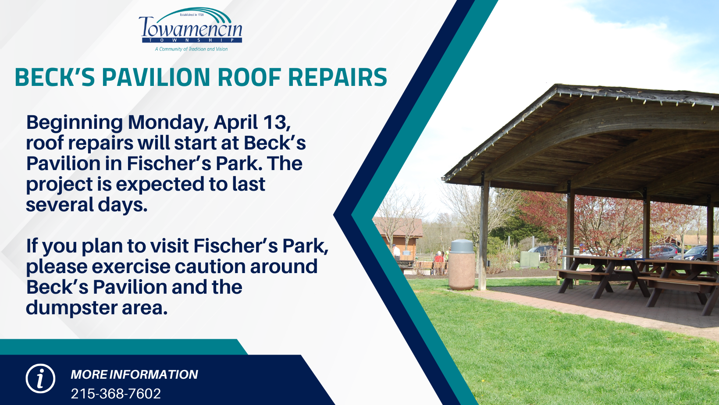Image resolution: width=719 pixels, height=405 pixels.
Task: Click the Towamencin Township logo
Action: point(191,29)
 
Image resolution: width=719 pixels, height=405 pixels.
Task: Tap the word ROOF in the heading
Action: point(249,77)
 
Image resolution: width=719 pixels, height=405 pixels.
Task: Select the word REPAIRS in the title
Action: point(338,77)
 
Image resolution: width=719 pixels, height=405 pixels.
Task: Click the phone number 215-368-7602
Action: point(116,394)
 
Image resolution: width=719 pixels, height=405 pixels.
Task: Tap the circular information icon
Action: point(40,379)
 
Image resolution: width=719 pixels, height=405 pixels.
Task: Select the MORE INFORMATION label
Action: point(135,374)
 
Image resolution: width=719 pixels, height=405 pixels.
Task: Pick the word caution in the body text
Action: point(214,266)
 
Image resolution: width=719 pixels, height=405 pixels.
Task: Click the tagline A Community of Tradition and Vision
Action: point(191,49)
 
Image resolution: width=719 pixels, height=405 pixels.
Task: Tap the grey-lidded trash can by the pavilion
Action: point(462,265)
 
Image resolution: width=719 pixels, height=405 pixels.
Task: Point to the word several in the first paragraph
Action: point(59,205)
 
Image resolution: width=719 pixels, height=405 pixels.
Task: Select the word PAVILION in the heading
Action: point(156,77)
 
